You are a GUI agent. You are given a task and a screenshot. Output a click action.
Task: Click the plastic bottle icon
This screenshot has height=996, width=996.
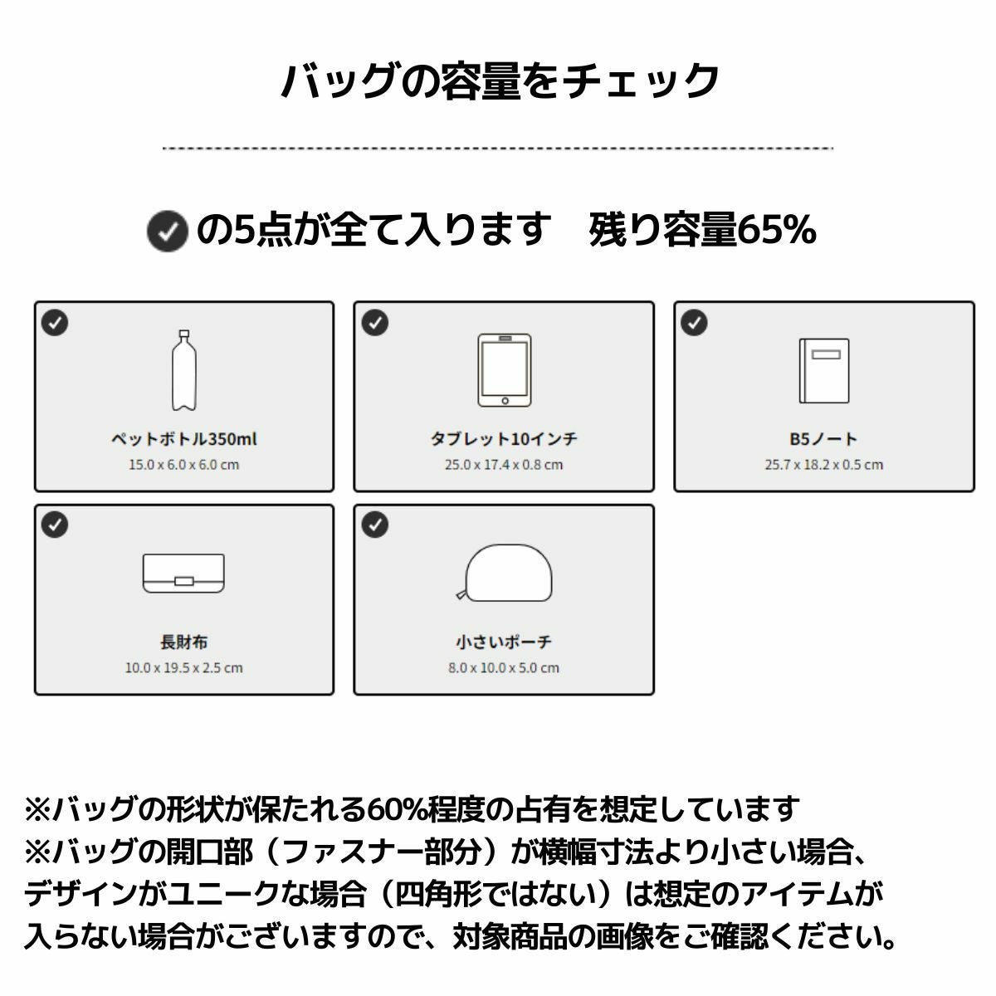pos(184,370)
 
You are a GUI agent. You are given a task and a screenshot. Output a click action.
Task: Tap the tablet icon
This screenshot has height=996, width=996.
pos(504,370)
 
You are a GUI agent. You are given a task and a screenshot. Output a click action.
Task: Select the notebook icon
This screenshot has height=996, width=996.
pos(824,370)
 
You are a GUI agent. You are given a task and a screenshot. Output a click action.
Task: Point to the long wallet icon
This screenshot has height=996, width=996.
pos(183,574)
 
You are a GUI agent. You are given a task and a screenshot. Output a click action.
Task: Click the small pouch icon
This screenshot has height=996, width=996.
pos(505,573)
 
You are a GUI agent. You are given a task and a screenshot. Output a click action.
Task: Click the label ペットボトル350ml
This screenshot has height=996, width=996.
pos(184,439)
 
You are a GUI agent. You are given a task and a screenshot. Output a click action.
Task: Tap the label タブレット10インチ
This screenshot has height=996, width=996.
pos(504,439)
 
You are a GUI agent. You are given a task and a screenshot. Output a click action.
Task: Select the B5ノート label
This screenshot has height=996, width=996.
pos(824,439)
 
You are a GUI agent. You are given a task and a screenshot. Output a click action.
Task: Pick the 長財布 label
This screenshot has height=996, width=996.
pos(184,642)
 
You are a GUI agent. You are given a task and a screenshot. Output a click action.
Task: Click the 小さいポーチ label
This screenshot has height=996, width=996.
pos(504,642)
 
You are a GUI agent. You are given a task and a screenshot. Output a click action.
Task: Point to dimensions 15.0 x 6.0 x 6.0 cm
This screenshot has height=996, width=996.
pos(184,465)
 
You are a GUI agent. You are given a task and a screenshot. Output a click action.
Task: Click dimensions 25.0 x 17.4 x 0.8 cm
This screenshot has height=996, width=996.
pos(504,465)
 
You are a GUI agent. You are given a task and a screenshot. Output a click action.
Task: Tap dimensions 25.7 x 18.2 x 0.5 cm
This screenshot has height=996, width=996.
pos(824,465)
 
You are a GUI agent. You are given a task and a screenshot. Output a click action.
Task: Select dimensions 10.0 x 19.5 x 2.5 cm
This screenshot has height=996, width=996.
pos(184,668)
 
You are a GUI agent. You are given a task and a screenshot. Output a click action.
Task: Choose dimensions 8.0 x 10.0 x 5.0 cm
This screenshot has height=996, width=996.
pos(504,668)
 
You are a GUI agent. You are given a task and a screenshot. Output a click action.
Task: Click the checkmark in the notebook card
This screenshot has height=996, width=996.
pos(694,323)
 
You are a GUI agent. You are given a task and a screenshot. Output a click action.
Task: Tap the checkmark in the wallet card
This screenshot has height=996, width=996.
pos(55,525)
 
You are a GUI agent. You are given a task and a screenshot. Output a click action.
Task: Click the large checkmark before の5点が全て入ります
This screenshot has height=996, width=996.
pos(167,231)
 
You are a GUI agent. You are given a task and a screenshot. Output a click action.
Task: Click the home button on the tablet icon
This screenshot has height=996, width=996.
pos(505,401)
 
